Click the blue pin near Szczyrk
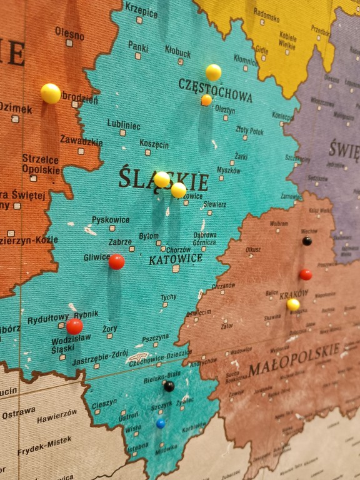click(161, 424)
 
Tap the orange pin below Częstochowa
click(206, 100)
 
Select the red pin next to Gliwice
click(116, 262)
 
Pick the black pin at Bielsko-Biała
click(169, 386)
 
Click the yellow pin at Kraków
click(293, 304)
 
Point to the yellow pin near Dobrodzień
click(51, 93)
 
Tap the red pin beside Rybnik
click(74, 326)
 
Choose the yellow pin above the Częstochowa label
click(213, 72)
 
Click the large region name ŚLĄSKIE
click(163, 180)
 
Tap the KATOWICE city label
click(175, 259)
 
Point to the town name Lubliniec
click(123, 124)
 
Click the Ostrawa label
click(18, 414)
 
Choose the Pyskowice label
click(111, 220)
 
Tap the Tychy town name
click(169, 297)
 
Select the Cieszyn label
click(104, 404)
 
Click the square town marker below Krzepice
click(139, 20)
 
